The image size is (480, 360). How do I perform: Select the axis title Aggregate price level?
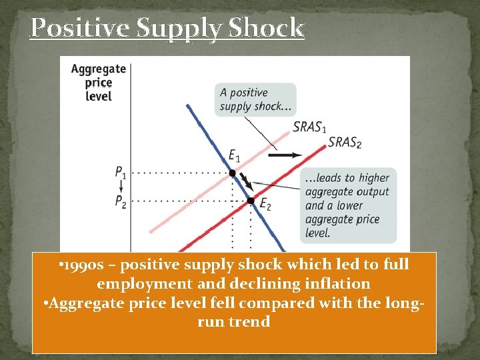point(98,82)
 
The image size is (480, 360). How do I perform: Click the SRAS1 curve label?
point(310,127)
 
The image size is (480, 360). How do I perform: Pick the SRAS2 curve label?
point(345,142)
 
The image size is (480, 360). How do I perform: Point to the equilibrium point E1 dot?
point(232,173)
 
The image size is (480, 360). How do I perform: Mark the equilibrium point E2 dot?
point(251,200)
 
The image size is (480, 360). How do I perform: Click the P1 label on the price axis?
point(119,172)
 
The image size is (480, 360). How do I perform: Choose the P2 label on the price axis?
point(119,201)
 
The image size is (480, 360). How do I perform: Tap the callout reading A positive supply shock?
point(245,99)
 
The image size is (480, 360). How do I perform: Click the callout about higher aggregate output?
point(347,205)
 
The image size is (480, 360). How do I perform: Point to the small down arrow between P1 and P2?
point(119,187)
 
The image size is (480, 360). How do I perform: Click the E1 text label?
point(234,156)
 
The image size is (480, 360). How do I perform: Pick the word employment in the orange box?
point(137,283)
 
